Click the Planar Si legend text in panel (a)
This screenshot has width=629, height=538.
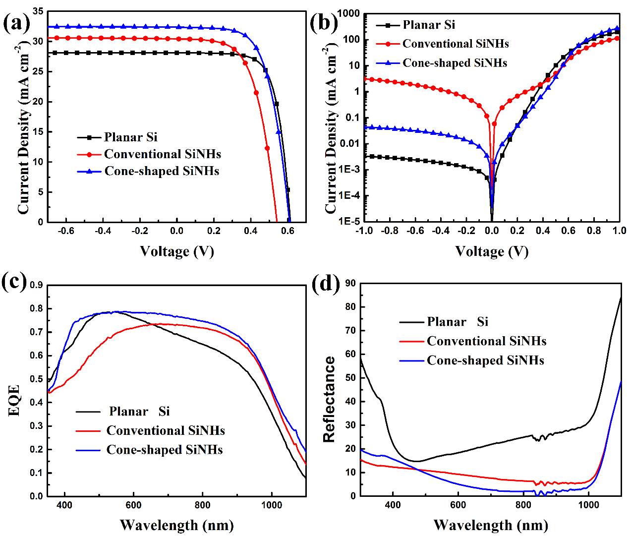point(130,137)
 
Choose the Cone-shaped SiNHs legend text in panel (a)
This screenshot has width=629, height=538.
point(162,171)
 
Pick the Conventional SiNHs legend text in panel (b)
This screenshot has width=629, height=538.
point(456,44)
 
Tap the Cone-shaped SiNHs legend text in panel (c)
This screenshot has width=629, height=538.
point(165,450)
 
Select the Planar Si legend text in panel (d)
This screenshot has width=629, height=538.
point(457,322)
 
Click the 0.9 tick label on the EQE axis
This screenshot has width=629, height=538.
point(35,285)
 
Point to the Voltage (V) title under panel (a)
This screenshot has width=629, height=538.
point(177,251)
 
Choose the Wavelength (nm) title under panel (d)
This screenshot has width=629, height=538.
point(491,525)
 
